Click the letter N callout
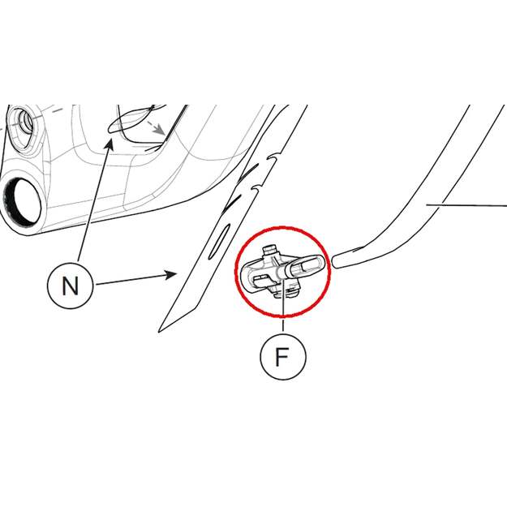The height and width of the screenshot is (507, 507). tap(70, 286)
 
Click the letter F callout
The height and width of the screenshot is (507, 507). tap(283, 357)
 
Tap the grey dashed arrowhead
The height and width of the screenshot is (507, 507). tap(160, 130)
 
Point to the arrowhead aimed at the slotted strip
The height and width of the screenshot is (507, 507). tap(170, 275)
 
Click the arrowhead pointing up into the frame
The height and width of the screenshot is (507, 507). tap(110, 144)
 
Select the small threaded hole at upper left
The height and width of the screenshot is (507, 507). tap(24, 122)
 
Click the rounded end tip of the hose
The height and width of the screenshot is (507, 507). tap(335, 260)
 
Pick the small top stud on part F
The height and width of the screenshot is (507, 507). tap(269, 250)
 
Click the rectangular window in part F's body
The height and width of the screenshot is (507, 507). tap(262, 279)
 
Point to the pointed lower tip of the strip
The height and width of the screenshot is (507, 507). tap(160, 331)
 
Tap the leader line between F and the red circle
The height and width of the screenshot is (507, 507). tap(283, 325)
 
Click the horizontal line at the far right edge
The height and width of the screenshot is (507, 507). tap(466, 204)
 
